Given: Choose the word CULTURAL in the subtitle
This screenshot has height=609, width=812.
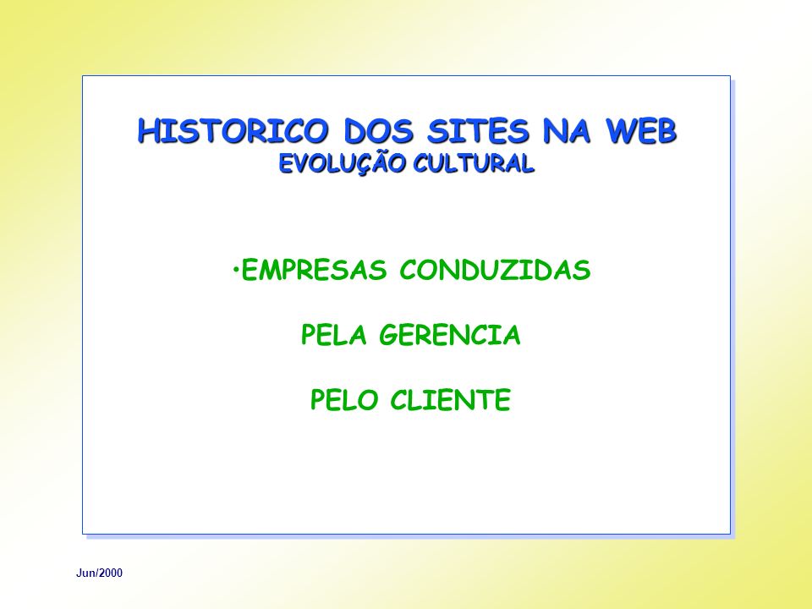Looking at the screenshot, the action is (x=474, y=163).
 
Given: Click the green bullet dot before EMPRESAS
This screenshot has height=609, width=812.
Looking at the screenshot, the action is (x=236, y=268).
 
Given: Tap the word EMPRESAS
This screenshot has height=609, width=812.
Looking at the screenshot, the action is (x=315, y=270).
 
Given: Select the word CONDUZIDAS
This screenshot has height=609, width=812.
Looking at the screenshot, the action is (x=495, y=270).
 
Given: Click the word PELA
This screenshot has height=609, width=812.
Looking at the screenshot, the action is (x=334, y=335).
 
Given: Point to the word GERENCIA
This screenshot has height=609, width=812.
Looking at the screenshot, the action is (x=449, y=335).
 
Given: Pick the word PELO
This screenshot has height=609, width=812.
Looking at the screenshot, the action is (x=343, y=400).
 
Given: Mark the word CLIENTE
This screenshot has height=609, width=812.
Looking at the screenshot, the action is (x=451, y=400).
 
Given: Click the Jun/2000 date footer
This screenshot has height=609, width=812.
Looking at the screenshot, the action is (x=100, y=573).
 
